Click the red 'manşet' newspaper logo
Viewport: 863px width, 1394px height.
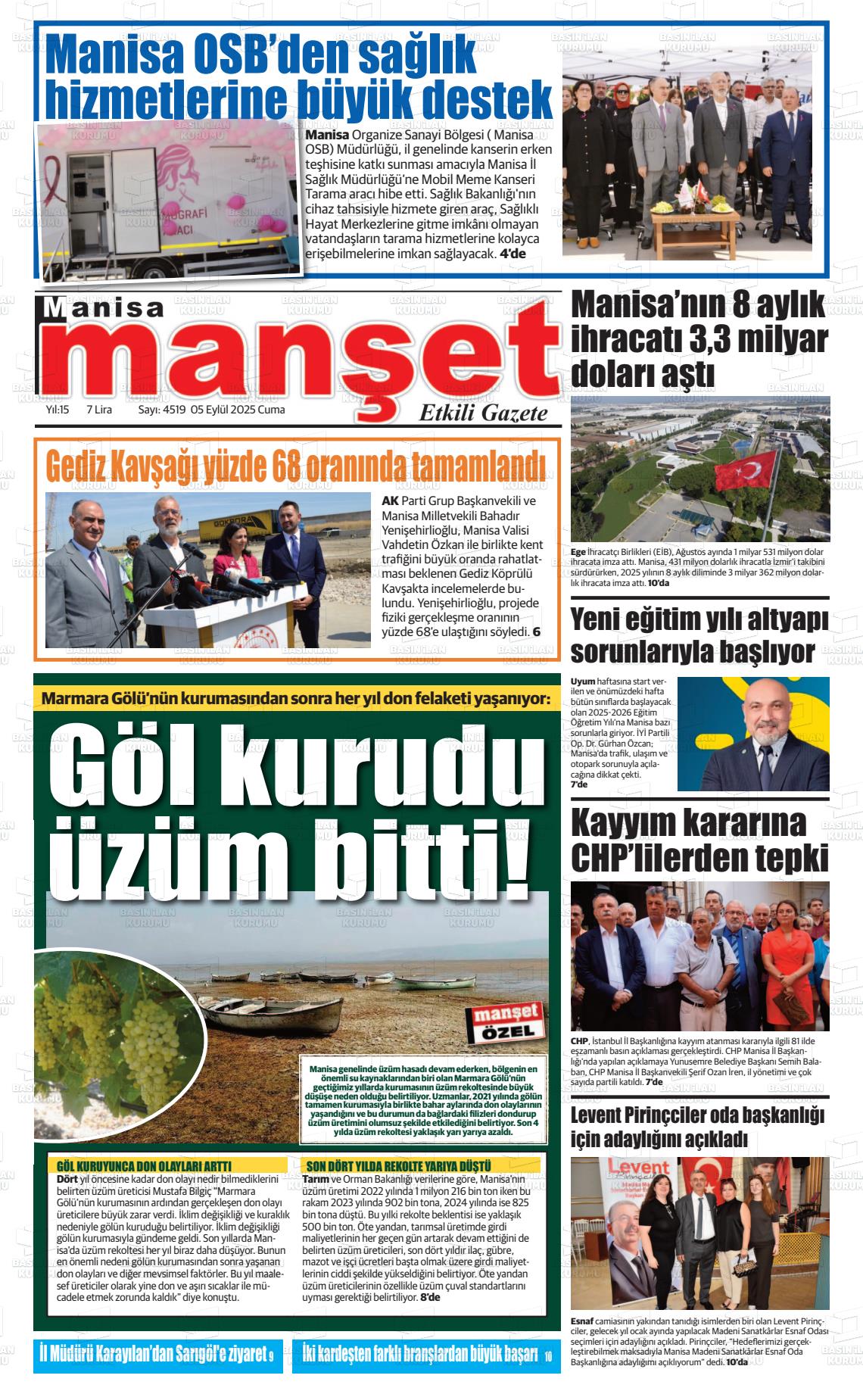(303, 356)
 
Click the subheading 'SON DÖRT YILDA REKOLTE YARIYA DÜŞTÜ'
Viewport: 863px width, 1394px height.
(397, 1166)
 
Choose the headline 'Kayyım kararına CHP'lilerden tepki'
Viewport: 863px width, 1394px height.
(699, 840)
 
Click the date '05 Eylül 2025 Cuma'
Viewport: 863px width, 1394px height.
(238, 410)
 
